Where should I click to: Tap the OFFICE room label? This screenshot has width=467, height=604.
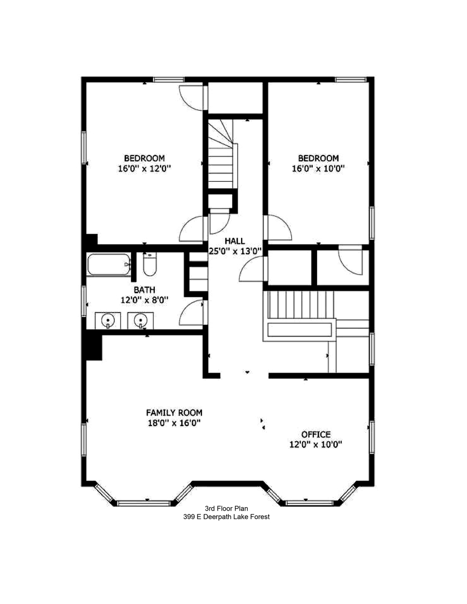(315, 435)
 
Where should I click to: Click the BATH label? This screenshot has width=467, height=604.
(144, 290)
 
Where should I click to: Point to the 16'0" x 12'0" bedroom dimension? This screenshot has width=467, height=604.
(144, 168)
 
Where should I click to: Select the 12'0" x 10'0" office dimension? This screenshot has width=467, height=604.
(315, 445)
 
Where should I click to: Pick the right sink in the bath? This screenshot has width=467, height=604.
(139, 320)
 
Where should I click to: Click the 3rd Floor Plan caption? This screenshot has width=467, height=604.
(226, 508)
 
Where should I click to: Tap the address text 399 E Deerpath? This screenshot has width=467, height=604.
(226, 517)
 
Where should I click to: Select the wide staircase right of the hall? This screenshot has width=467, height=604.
(300, 305)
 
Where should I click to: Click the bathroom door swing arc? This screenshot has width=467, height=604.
(191, 312)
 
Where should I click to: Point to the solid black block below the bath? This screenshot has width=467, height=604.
(93, 345)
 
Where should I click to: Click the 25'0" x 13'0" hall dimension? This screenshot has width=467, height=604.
(234, 251)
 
